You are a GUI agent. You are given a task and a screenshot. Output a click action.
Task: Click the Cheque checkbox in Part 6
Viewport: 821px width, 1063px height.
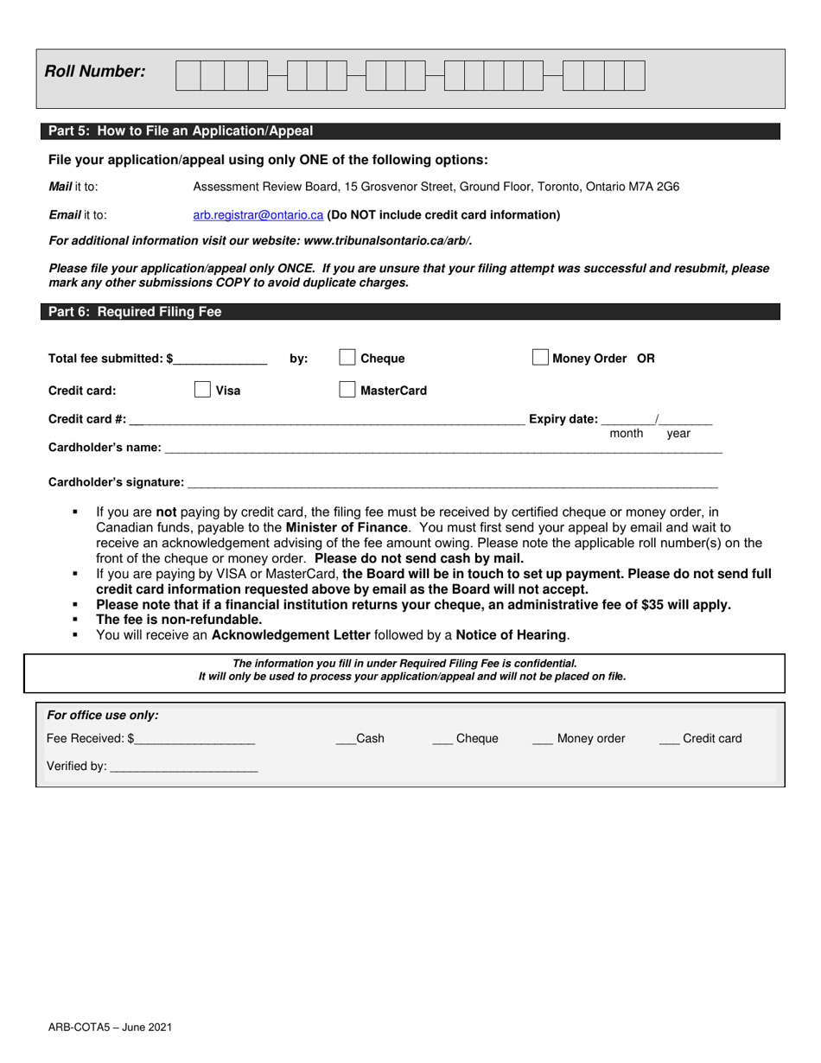[x=347, y=358]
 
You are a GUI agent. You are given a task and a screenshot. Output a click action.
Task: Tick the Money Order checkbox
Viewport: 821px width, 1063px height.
[x=540, y=358]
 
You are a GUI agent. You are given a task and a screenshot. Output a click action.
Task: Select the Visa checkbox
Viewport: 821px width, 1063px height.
[x=202, y=390]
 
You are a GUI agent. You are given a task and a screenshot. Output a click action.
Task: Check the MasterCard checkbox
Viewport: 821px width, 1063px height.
[x=347, y=390]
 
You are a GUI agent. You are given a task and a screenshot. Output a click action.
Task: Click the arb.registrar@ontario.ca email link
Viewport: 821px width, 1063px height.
[x=258, y=214]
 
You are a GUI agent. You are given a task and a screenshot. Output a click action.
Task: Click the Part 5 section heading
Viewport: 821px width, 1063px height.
[x=181, y=131]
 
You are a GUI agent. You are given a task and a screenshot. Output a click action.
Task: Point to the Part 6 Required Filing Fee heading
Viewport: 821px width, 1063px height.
[x=135, y=312]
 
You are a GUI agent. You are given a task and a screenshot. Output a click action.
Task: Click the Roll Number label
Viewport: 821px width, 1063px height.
[x=95, y=72]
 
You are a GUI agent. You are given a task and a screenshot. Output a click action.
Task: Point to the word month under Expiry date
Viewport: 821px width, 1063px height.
[x=627, y=434]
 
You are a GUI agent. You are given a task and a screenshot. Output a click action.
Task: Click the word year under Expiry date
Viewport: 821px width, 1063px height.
[x=678, y=434]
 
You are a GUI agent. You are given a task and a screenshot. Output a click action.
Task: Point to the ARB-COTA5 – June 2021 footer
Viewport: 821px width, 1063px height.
[x=110, y=1027]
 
